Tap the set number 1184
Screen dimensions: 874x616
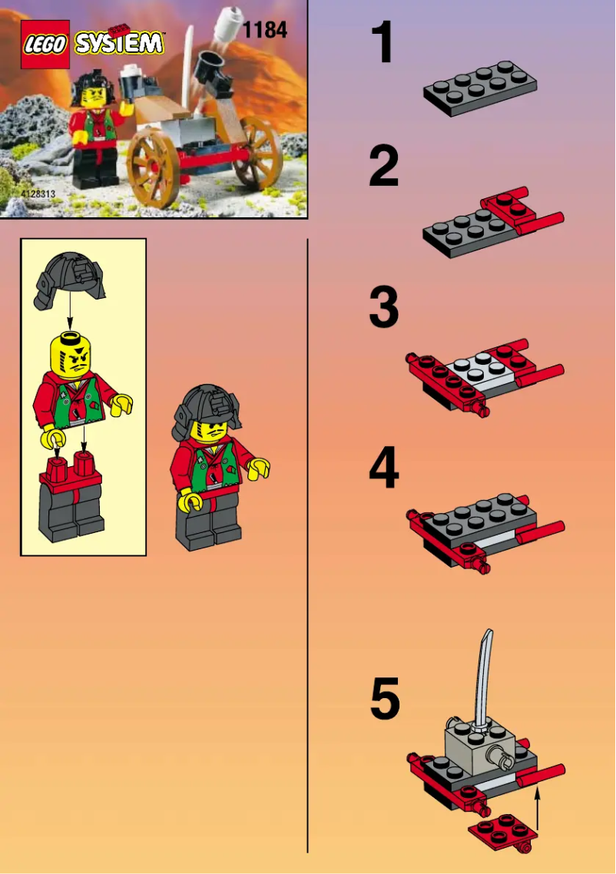[x=264, y=30]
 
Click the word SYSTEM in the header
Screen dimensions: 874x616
[x=119, y=43]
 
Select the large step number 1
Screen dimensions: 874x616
[x=383, y=43]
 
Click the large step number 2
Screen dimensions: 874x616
[x=384, y=167]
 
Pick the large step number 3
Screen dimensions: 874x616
[x=384, y=307]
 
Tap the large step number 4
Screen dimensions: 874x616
[x=384, y=468]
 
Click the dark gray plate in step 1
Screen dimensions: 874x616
[x=479, y=88]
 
